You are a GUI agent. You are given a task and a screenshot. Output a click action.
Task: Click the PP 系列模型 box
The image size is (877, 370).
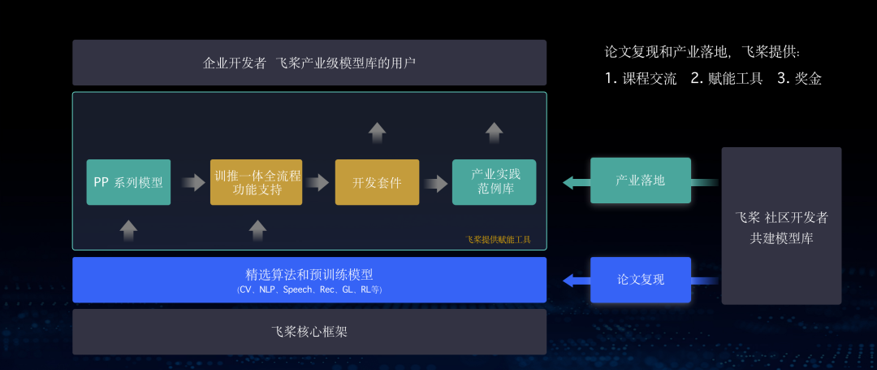pyautogui.click(x=128, y=182)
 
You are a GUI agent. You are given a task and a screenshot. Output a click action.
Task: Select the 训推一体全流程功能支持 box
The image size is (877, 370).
pyautogui.click(x=256, y=182)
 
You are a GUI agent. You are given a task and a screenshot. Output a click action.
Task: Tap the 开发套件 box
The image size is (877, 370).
pyautogui.click(x=377, y=182)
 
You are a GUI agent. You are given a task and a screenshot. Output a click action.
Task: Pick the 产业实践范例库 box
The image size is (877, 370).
pyautogui.click(x=494, y=182)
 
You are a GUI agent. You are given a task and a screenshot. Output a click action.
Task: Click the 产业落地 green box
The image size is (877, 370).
pyautogui.click(x=641, y=181)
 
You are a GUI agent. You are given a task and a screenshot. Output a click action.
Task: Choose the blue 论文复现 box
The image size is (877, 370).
pyautogui.click(x=641, y=280)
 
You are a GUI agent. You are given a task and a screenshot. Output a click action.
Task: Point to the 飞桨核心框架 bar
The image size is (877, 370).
pyautogui.click(x=309, y=332)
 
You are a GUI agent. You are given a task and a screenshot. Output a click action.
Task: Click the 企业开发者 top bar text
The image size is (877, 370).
pyautogui.click(x=309, y=63)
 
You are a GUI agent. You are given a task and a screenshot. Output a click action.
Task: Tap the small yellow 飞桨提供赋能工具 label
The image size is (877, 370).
pyautogui.click(x=498, y=240)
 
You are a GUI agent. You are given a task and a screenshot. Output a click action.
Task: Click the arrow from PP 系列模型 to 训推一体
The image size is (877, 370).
pyautogui.click(x=192, y=183)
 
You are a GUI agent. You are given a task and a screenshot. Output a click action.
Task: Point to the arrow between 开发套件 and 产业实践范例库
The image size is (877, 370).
pyautogui.click(x=436, y=183)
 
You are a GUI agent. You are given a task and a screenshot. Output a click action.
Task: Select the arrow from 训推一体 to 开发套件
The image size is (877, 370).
pyautogui.click(x=318, y=183)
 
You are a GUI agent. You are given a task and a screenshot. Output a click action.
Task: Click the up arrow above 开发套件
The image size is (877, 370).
pyautogui.click(x=377, y=133)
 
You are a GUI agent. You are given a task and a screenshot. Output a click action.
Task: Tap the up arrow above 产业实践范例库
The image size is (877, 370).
pyautogui.click(x=494, y=133)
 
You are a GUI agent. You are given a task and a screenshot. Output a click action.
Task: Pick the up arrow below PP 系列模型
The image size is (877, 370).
pyautogui.click(x=128, y=230)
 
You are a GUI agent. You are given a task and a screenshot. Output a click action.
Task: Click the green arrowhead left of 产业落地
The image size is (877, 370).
pyautogui.click(x=571, y=182)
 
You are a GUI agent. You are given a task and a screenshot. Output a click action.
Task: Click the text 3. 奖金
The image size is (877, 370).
pyautogui.click(x=799, y=79)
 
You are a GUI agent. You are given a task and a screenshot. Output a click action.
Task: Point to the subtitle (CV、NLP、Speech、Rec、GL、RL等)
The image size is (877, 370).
pyautogui.click(x=309, y=289)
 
